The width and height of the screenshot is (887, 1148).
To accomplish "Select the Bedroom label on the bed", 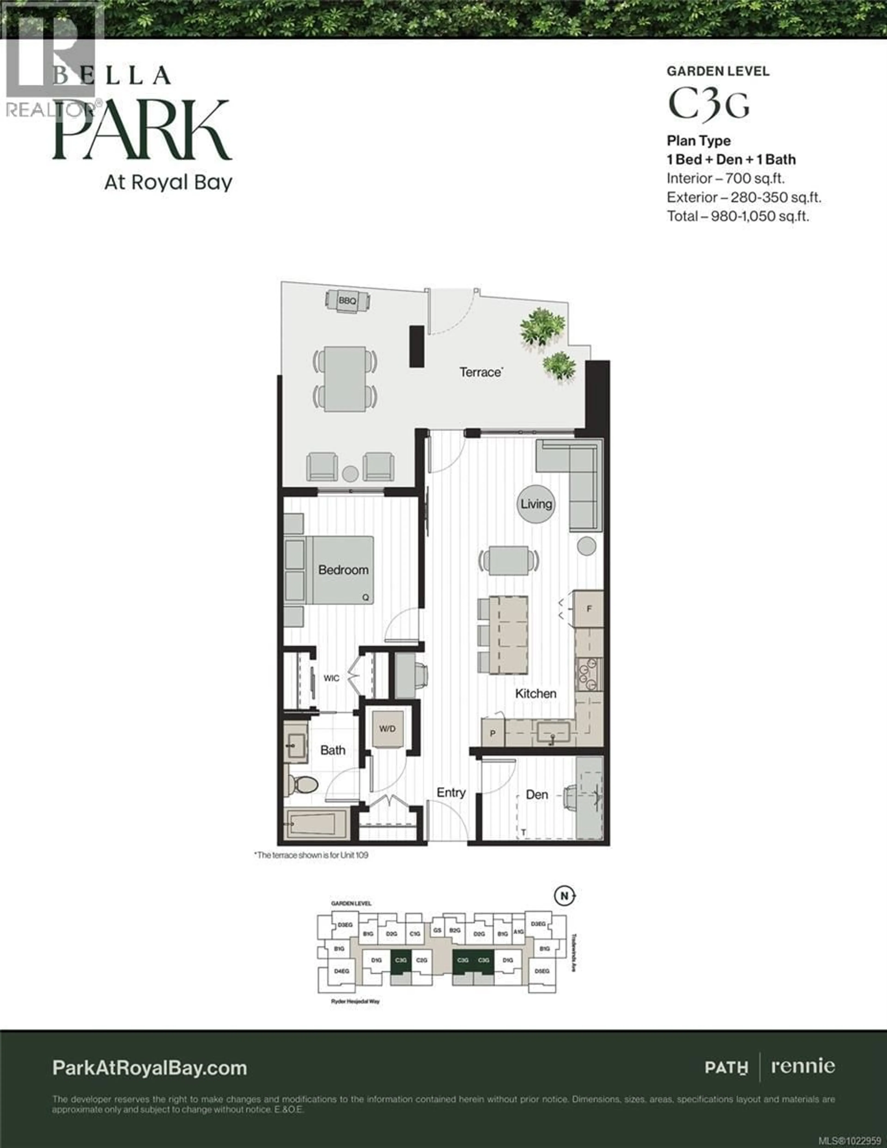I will tap(343, 570).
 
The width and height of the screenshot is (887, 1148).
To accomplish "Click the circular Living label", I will tap(536, 504).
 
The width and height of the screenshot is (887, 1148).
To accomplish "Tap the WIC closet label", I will tap(331, 678).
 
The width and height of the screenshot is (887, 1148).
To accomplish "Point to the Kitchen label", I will tap(535, 693).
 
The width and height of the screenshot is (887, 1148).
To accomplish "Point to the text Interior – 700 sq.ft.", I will tap(726, 179).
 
